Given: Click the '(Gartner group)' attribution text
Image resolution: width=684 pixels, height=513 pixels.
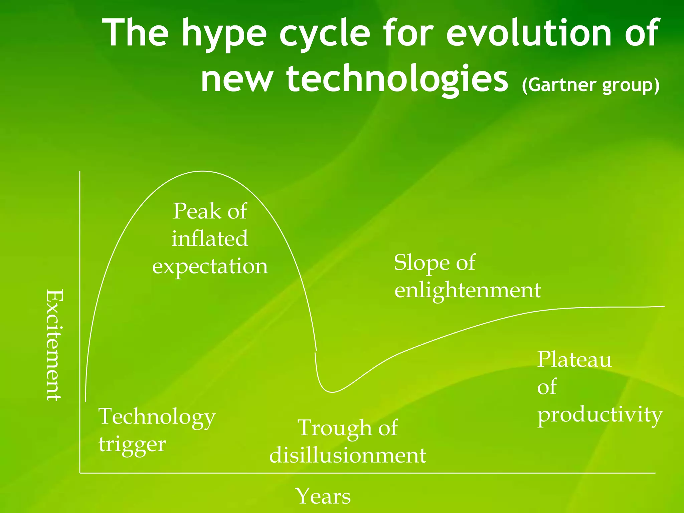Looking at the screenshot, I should tap(590, 85).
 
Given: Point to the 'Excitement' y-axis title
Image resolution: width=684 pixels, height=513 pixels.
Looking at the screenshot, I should tap(54, 345).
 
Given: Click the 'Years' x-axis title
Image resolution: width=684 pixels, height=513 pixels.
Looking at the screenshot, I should tap(323, 496).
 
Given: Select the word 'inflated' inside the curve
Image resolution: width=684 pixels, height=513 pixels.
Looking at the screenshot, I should tap(210, 238).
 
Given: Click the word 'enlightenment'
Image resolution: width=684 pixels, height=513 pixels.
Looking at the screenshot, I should tap(467, 290).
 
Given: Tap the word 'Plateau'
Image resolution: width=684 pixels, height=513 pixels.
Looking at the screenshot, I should tap(574, 360).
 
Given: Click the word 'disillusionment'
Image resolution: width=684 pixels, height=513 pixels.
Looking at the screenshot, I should tap(348, 456).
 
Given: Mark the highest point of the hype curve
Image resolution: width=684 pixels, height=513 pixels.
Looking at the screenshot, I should tap(202, 171).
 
